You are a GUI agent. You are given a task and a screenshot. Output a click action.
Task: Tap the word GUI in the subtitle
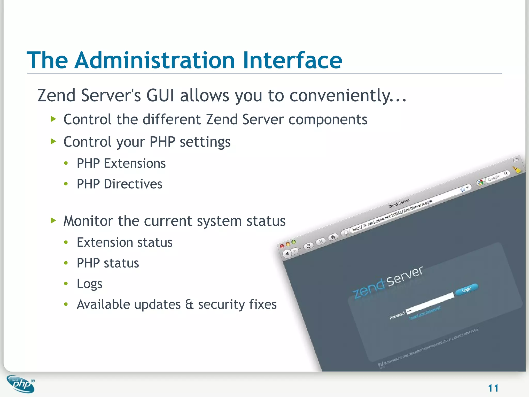pyautogui.click(x=160, y=95)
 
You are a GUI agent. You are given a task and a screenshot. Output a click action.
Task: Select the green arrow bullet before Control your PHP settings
pyautogui.click(x=53, y=141)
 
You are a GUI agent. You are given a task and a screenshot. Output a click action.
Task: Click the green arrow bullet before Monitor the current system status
pyautogui.click(x=53, y=220)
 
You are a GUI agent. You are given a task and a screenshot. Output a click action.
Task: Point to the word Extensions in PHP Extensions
pyautogui.click(x=135, y=163)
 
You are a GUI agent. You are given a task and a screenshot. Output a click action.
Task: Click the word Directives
pyautogui.click(x=133, y=184)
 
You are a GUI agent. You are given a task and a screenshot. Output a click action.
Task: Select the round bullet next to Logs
pyautogui.click(x=66, y=284)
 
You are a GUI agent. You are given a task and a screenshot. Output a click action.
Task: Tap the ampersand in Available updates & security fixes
pyautogui.click(x=189, y=304)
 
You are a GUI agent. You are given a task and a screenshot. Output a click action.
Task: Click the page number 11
pyautogui.click(x=493, y=388)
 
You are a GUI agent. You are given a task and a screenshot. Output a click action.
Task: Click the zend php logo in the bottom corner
pyautogui.click(x=21, y=384)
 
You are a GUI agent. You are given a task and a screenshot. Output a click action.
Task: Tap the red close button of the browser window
pyautogui.click(x=282, y=246)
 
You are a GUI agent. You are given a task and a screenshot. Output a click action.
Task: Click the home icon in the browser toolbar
pyautogui.click(x=333, y=237)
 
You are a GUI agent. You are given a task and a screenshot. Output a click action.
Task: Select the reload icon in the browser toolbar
pyautogui.click(x=308, y=246)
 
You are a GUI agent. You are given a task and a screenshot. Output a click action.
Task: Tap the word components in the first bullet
pyautogui.click(x=328, y=119)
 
